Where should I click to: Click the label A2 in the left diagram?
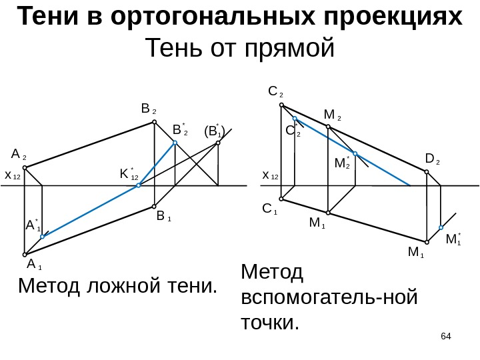[19, 155]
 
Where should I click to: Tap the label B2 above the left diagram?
[148, 109]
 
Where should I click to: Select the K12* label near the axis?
[128, 175]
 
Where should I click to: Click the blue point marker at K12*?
[139, 185]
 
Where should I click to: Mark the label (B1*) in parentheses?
[215, 131]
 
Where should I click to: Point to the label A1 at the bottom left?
[34, 264]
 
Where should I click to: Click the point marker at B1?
[155, 206]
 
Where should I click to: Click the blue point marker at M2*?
[355, 154]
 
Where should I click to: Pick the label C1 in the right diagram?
[270, 209]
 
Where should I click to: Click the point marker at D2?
[427, 171]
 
